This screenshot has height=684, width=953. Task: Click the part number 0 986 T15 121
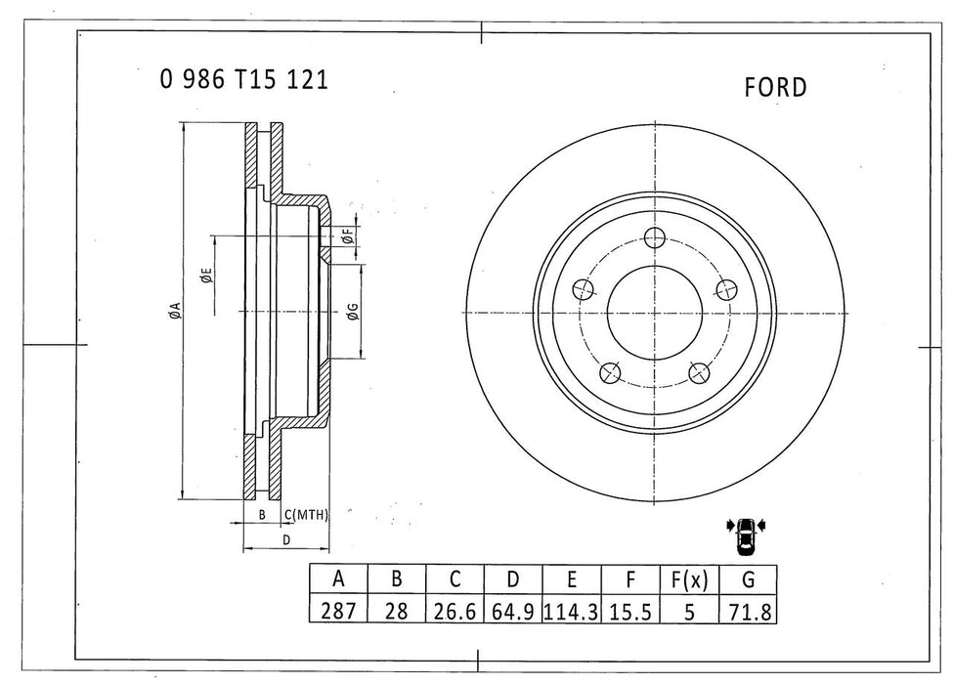pyautogui.click(x=243, y=80)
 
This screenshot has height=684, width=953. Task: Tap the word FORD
pyautogui.click(x=775, y=88)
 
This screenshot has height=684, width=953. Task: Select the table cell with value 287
pyautogui.click(x=338, y=612)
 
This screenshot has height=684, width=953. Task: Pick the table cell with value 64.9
pyautogui.click(x=512, y=612)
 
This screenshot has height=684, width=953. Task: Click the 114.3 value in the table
pyautogui.click(x=571, y=612)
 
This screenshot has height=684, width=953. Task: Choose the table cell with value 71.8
pyautogui.click(x=747, y=612)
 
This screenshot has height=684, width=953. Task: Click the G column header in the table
pyautogui.click(x=747, y=579)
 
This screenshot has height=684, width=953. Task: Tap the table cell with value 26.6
pyautogui.click(x=454, y=612)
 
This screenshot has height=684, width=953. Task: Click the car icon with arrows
pyautogui.click(x=746, y=533)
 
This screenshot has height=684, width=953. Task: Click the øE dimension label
pyautogui.click(x=205, y=277)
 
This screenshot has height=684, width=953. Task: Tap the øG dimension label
pyautogui.click(x=351, y=313)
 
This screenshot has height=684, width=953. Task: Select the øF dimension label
pyautogui.click(x=346, y=235)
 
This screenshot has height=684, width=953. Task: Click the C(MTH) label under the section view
pyautogui.click(x=306, y=514)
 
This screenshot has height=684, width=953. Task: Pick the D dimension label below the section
pyautogui.click(x=286, y=539)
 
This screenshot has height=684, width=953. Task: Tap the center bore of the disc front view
pyautogui.click(x=654, y=313)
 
